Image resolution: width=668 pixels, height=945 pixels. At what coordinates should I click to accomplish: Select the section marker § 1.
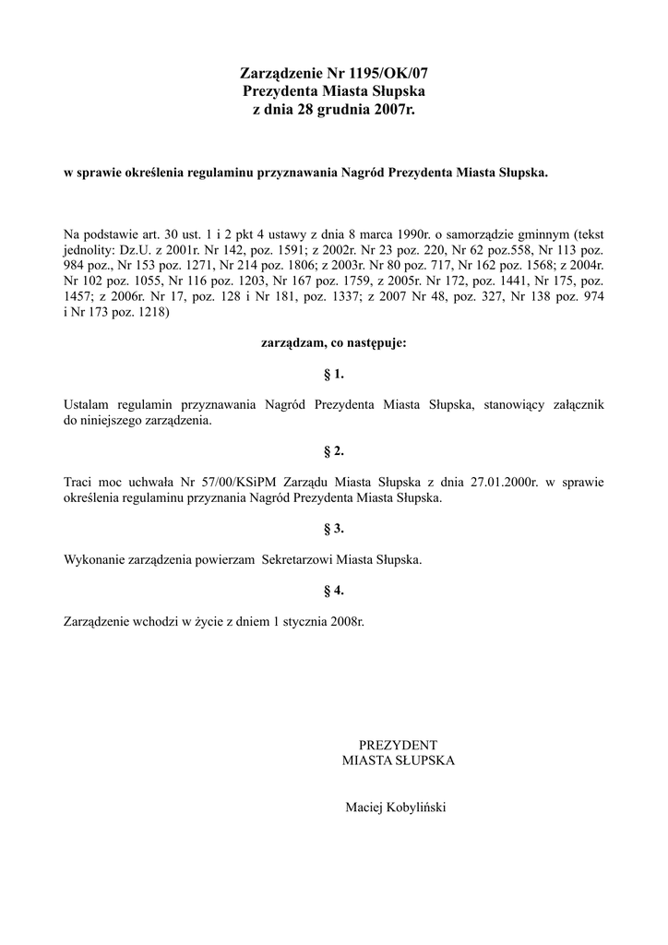click(x=334, y=374)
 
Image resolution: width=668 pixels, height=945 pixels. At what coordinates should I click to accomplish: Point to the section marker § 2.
click(x=334, y=451)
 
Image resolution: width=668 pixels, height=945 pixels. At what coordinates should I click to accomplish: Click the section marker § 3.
click(x=334, y=529)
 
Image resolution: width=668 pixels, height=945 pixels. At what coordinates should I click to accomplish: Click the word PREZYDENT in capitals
click(x=398, y=745)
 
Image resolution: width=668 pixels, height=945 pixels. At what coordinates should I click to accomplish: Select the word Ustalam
click(x=89, y=404)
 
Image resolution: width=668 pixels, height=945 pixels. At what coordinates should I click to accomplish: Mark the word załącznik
click(x=575, y=404)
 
